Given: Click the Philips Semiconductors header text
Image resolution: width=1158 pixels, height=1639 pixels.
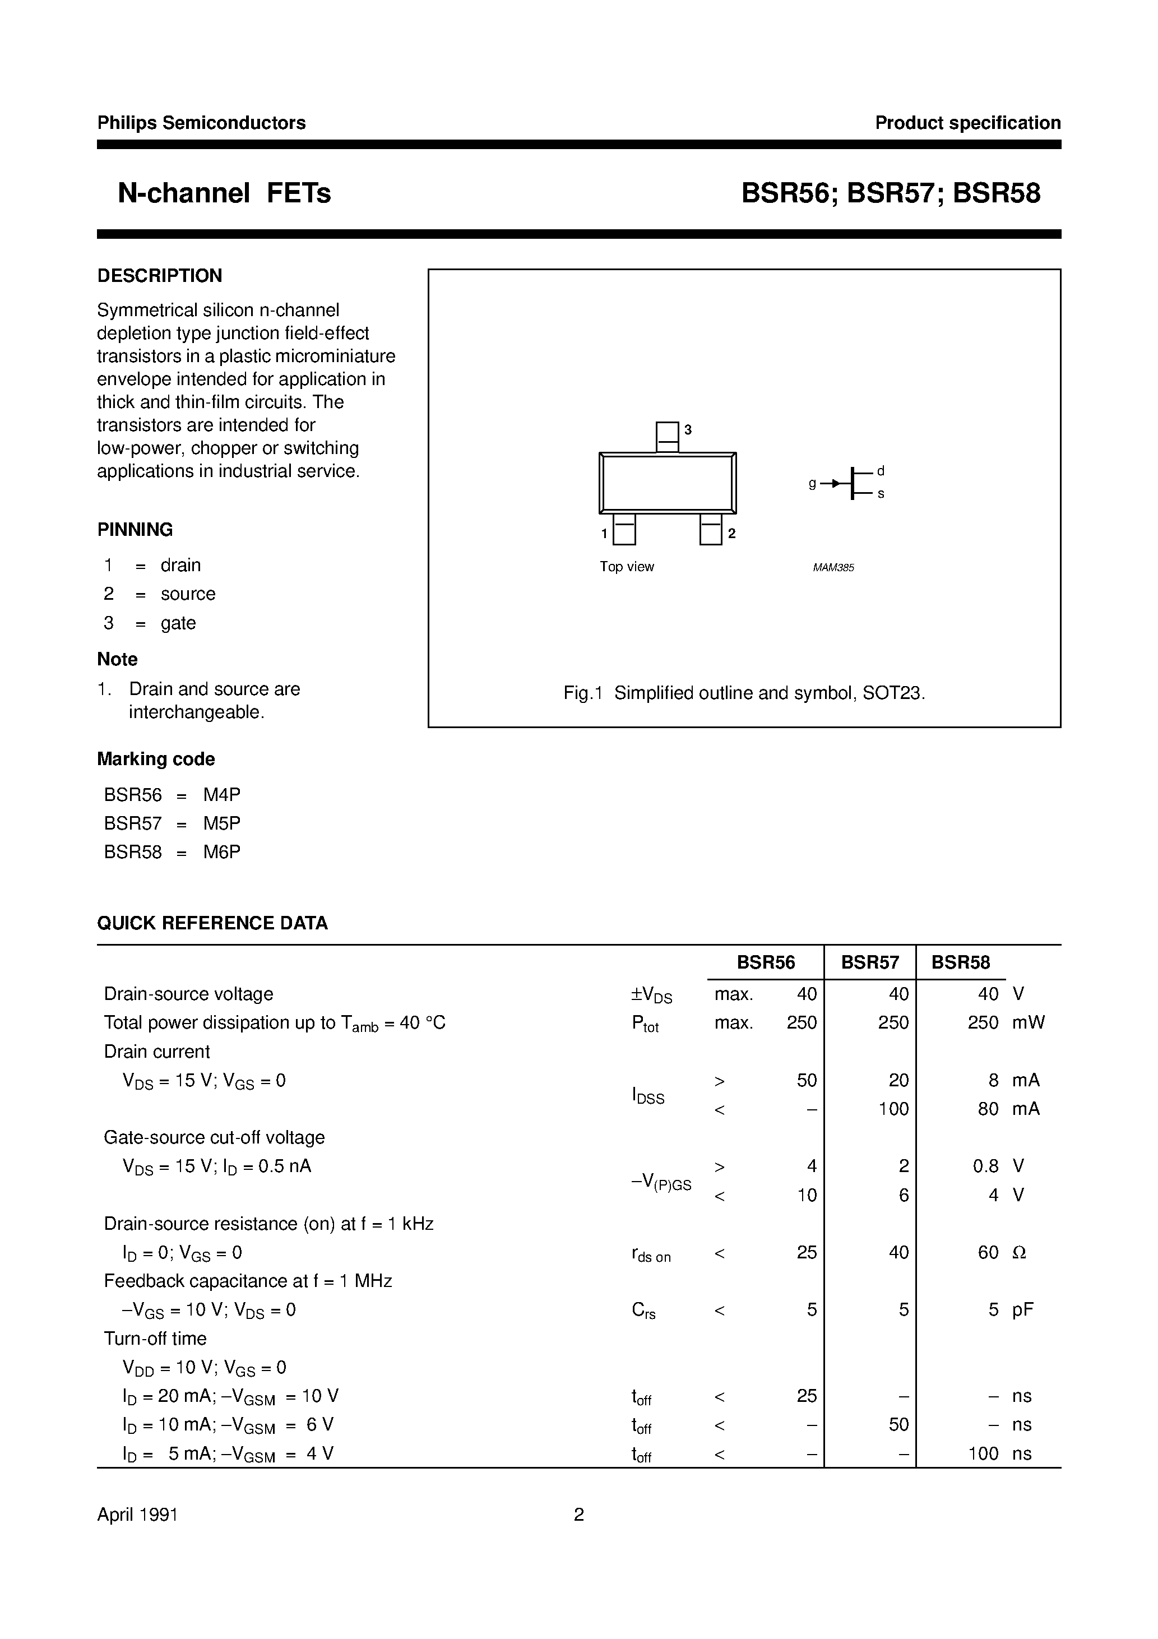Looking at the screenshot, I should click(201, 123).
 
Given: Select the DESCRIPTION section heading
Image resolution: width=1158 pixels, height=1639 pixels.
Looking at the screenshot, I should click(159, 276).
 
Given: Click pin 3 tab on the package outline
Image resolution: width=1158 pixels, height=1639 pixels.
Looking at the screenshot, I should click(667, 436).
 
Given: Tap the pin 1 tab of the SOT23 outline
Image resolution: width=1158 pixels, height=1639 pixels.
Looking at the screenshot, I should click(624, 530).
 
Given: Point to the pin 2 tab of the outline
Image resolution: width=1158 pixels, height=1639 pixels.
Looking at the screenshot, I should click(710, 530).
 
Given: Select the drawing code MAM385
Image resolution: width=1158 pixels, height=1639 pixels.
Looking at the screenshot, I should click(833, 567).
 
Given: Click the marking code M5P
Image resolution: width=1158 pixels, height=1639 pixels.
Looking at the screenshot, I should click(221, 823).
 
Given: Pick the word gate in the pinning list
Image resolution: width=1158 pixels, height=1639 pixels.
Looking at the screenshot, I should click(178, 623).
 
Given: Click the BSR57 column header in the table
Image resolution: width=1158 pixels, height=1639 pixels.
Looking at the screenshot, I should click(869, 962).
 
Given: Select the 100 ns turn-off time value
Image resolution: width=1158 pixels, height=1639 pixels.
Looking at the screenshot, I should click(983, 1453).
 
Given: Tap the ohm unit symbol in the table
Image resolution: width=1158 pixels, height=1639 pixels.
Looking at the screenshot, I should click(1020, 1252).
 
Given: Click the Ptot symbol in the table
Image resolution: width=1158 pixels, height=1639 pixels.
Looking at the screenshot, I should click(645, 1024).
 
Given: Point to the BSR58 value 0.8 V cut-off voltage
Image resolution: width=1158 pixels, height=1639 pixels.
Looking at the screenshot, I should click(985, 1166).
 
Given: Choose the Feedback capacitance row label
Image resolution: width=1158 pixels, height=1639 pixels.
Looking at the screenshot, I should click(248, 1281).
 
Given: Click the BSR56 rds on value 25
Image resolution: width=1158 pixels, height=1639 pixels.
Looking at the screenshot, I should click(806, 1252).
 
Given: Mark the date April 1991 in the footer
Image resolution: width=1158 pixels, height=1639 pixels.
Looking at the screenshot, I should click(137, 1514).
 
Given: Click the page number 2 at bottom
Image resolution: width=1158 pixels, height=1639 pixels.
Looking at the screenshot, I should click(578, 1514).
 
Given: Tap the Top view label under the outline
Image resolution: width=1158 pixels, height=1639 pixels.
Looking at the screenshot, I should click(626, 567).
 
